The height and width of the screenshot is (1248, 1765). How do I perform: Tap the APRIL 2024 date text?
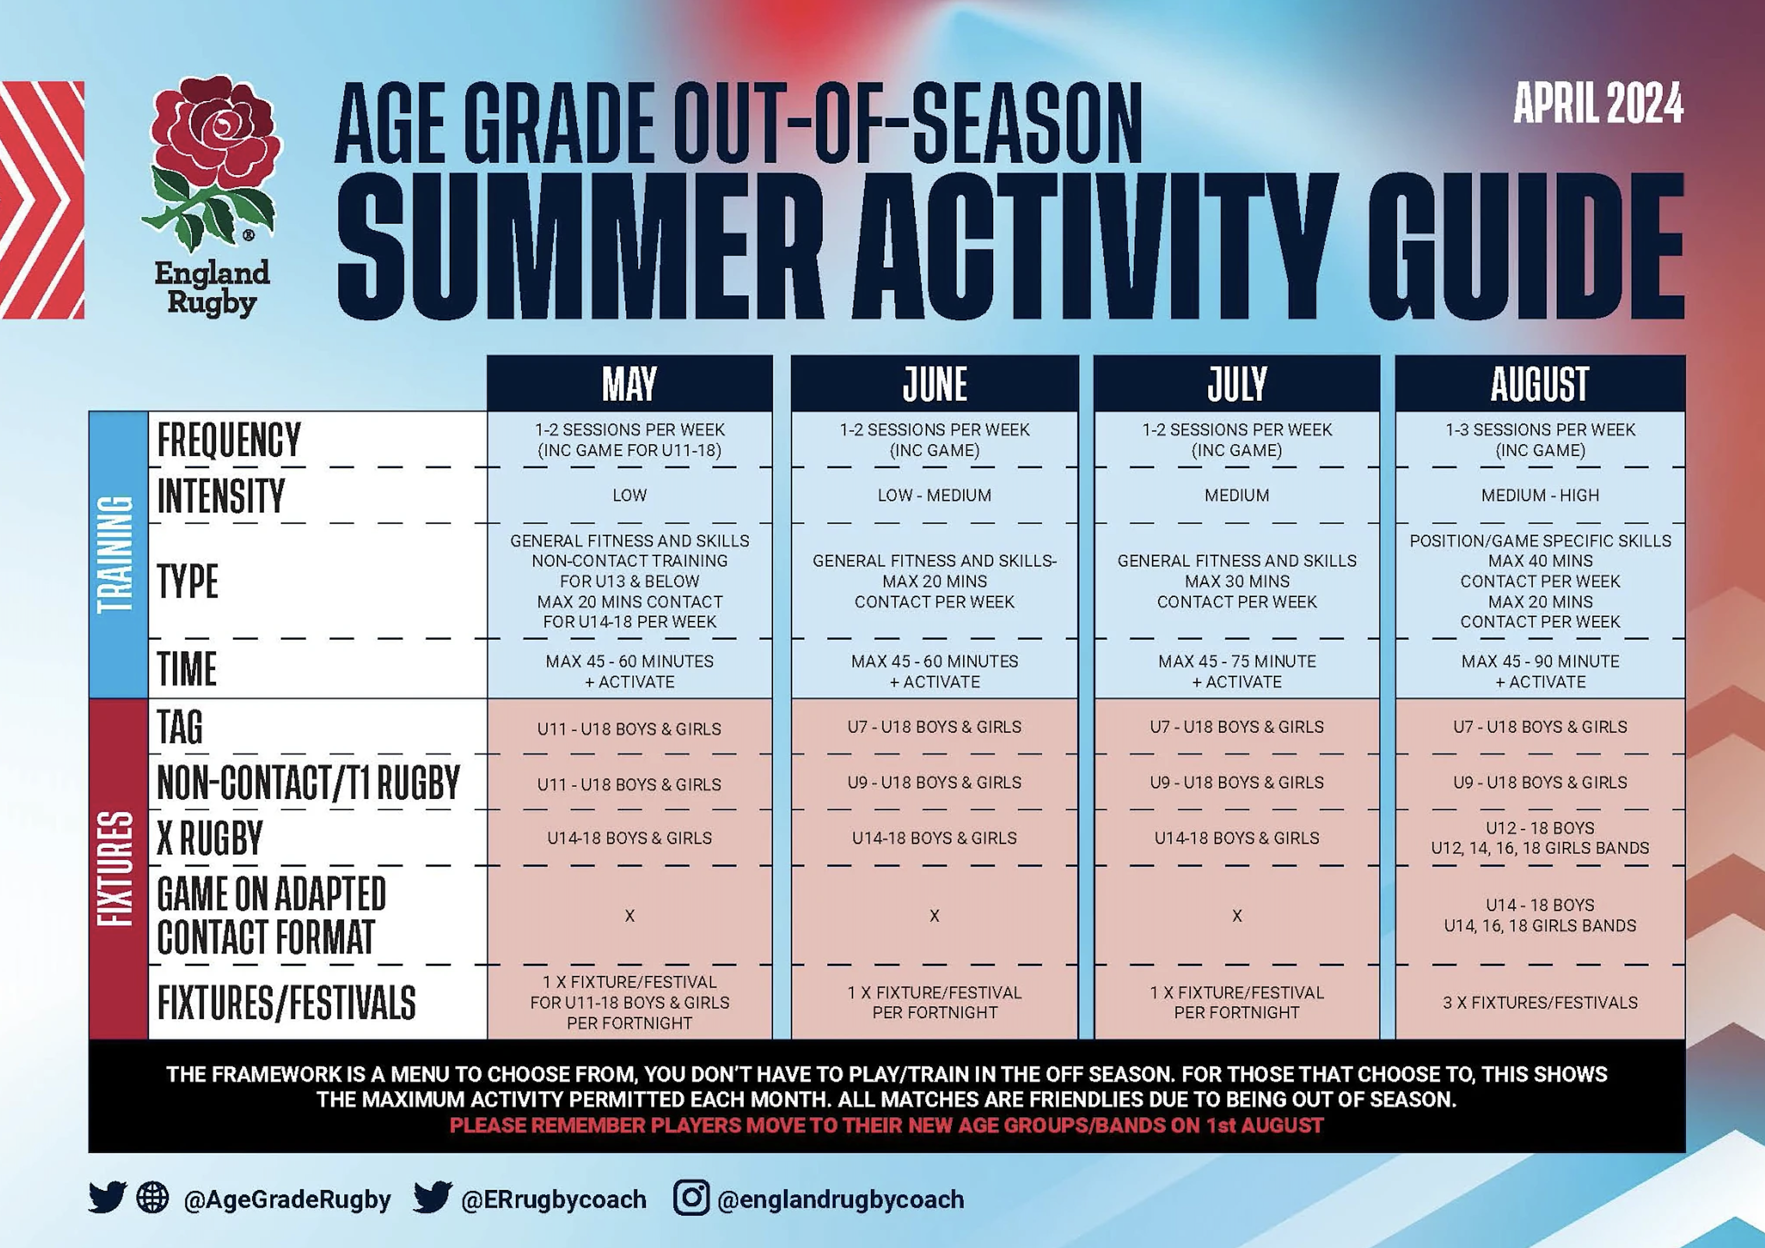(x=1598, y=104)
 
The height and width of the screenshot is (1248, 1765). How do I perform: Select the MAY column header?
(x=629, y=383)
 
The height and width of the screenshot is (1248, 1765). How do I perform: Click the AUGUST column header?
(x=1540, y=383)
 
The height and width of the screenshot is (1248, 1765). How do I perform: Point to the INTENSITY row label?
(x=221, y=496)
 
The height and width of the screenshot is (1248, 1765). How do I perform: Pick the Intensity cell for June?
(x=935, y=496)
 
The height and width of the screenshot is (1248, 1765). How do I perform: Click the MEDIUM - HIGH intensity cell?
(x=1540, y=496)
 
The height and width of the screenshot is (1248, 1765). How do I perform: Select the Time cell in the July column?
(x=1237, y=671)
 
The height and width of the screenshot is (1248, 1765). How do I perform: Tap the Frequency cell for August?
(x=1540, y=440)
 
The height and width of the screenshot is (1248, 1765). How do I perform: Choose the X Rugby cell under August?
(x=1540, y=837)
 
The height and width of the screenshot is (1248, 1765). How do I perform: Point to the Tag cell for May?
(x=629, y=728)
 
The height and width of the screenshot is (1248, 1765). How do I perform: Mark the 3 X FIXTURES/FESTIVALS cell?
(x=1540, y=1002)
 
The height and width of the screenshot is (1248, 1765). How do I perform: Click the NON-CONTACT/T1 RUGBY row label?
(x=308, y=782)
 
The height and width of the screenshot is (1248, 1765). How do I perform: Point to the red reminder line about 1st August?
(x=886, y=1126)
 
